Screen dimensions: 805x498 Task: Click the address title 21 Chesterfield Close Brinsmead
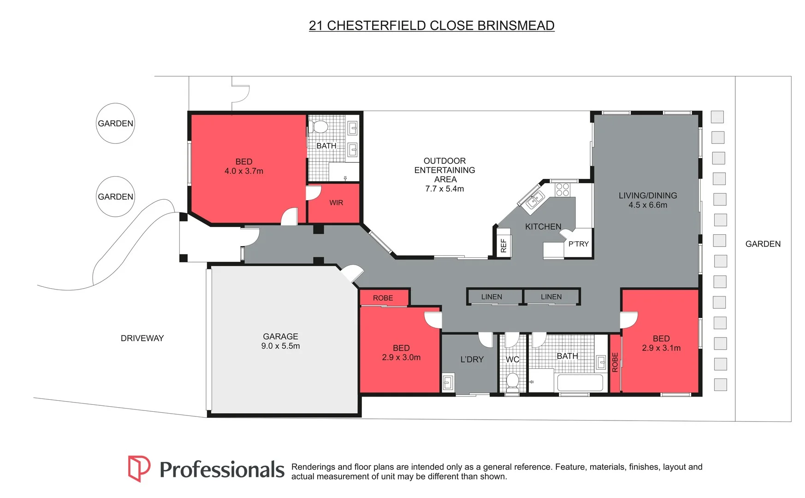(432, 26)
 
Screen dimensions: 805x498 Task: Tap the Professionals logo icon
(139, 468)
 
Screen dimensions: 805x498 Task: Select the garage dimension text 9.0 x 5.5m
(280, 346)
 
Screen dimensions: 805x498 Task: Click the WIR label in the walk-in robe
(336, 203)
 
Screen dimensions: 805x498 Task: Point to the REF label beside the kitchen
(503, 246)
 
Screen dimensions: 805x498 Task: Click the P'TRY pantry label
(579, 244)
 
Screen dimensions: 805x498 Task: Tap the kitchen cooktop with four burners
(562, 190)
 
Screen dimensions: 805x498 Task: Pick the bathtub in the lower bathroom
(580, 383)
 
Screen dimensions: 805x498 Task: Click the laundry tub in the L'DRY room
(448, 383)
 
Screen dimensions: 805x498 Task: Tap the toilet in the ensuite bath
(318, 126)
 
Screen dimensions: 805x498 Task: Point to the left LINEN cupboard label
(491, 297)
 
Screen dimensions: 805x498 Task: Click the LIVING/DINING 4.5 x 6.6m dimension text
(648, 205)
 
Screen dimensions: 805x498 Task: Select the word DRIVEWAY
(142, 338)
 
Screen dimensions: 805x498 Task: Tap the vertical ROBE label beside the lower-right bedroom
(615, 362)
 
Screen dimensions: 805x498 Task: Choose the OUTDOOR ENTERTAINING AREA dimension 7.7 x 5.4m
(444, 189)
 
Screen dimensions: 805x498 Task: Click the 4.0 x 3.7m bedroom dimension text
(244, 171)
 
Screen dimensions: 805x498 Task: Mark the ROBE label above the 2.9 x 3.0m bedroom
(383, 298)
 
